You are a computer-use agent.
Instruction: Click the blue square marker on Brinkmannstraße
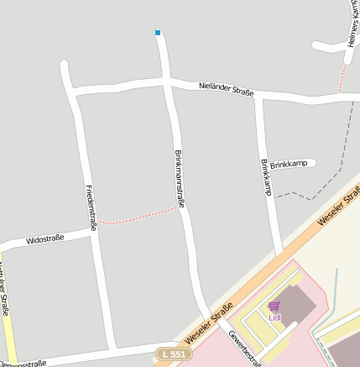pos(157,33)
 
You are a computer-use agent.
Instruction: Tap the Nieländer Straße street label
pos(227,88)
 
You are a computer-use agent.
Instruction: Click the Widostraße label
pos(45,240)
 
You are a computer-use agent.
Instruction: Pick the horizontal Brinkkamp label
pos(289,165)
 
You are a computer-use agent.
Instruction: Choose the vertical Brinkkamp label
pos(265,177)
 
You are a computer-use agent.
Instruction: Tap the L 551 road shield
pos(172,355)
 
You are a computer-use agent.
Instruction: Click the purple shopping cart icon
pos(274,307)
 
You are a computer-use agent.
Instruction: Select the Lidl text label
pos(274,317)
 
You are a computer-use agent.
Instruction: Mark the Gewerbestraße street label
pos(244,348)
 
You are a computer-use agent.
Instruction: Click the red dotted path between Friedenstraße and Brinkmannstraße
pos(138,217)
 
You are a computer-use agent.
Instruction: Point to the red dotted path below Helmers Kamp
pos(341,79)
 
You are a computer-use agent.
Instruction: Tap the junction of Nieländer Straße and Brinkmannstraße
pos(168,82)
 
